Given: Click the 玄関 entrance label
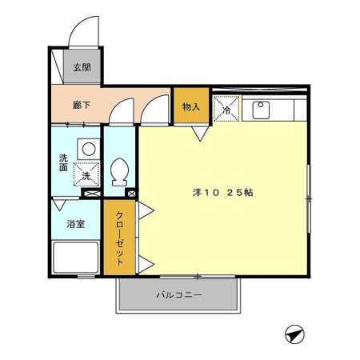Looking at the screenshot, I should tap(82, 68).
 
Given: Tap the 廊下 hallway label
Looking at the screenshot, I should tap(80, 105).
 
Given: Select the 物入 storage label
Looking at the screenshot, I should tap(190, 106).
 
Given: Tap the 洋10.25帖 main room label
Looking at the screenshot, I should tap(223, 193).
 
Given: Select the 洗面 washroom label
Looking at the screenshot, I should tap(63, 163).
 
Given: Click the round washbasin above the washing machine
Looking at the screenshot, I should tap(86, 148).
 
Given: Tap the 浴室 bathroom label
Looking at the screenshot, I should tap(75, 225).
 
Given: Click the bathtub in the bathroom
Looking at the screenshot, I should tap(76, 260).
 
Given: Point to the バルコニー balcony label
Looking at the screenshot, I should tap(178, 295).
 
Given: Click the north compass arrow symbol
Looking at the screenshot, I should tap(294, 334).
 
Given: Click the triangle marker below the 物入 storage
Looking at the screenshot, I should tap(200, 133).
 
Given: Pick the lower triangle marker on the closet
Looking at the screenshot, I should tap(146, 265).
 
